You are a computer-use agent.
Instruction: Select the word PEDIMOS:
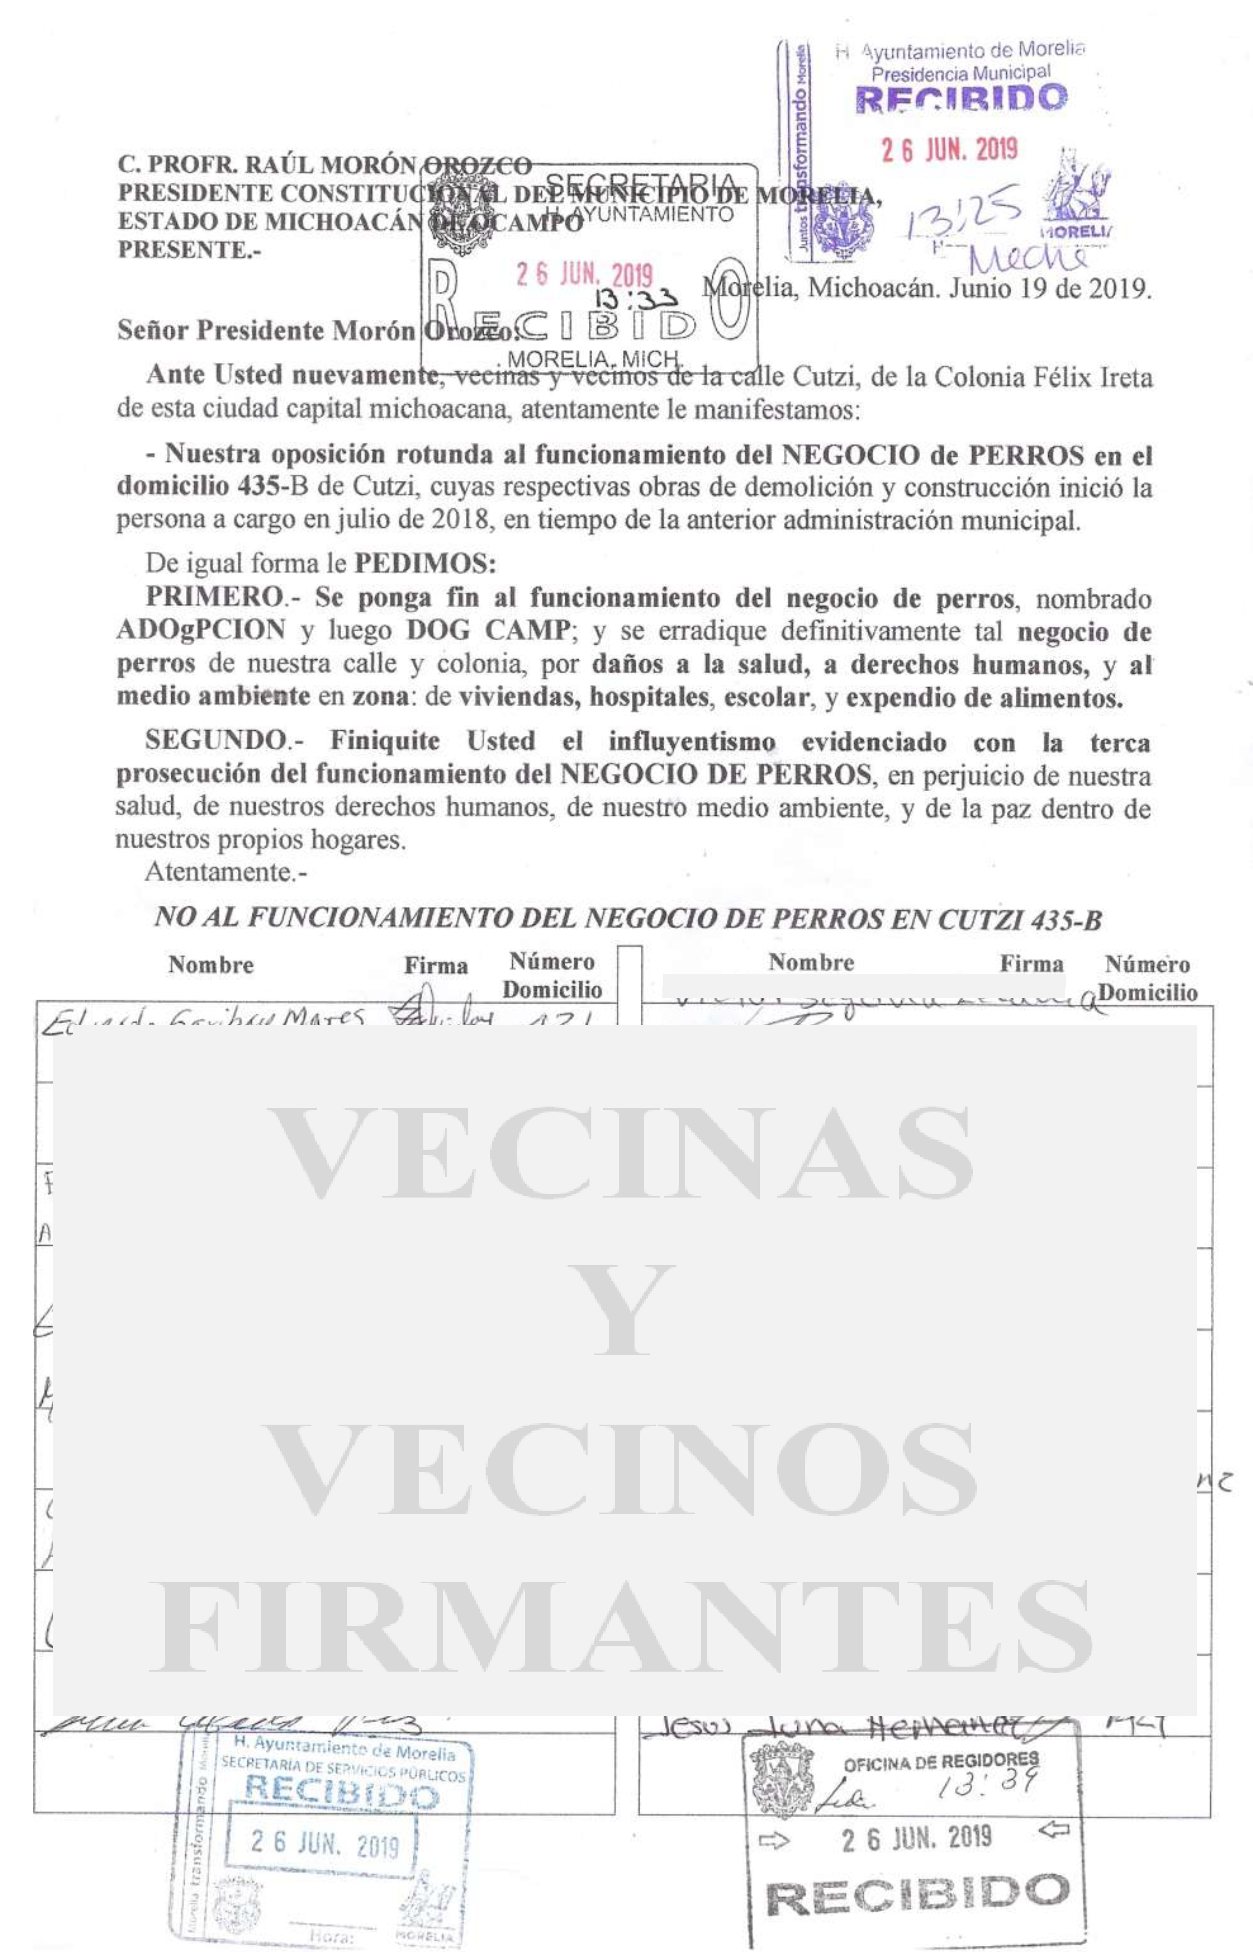point(425,563)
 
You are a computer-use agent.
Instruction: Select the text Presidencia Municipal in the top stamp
point(960,73)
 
